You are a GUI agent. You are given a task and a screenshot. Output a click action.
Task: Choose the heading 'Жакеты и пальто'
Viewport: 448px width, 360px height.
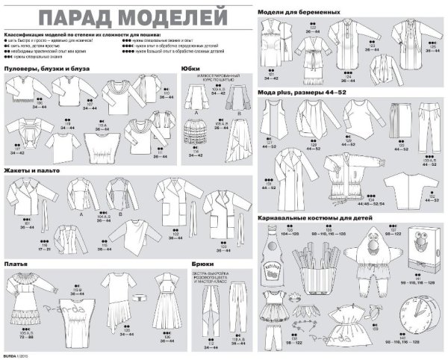click(32, 171)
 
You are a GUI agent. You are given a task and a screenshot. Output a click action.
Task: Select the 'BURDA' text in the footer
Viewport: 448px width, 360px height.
click(10, 354)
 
